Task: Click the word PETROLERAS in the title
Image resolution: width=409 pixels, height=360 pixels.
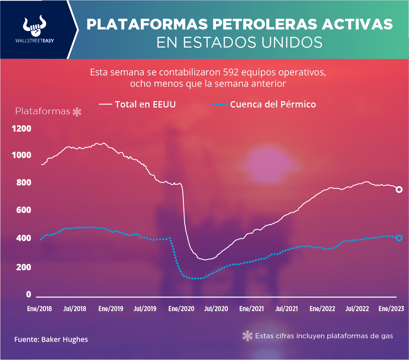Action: pyautogui.click(x=263, y=24)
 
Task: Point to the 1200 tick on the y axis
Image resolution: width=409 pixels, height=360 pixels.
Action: pyautogui.click(x=21, y=129)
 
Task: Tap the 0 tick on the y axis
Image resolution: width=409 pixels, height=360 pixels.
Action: pyautogui.click(x=28, y=294)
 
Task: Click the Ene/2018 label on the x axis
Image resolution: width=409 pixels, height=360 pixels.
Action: pyautogui.click(x=39, y=309)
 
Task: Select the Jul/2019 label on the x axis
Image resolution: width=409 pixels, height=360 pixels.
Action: pyautogui.click(x=145, y=309)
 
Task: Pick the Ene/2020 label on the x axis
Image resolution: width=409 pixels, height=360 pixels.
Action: pyautogui.click(x=181, y=309)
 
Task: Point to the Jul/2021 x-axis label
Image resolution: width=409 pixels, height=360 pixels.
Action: pyautogui.click(x=287, y=309)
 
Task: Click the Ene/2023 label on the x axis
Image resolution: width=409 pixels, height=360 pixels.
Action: pyautogui.click(x=391, y=309)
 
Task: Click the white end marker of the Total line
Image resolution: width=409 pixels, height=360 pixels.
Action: pyautogui.click(x=399, y=190)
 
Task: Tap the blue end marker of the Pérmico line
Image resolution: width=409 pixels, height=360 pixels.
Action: pyautogui.click(x=399, y=238)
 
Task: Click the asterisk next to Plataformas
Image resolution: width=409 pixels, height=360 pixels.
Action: pyautogui.click(x=77, y=112)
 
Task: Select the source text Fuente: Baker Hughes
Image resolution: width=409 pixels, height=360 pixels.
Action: pyautogui.click(x=51, y=340)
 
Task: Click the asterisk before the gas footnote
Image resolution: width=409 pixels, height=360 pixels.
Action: pyautogui.click(x=247, y=336)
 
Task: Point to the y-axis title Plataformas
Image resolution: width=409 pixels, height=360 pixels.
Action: pyautogui.click(x=43, y=111)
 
